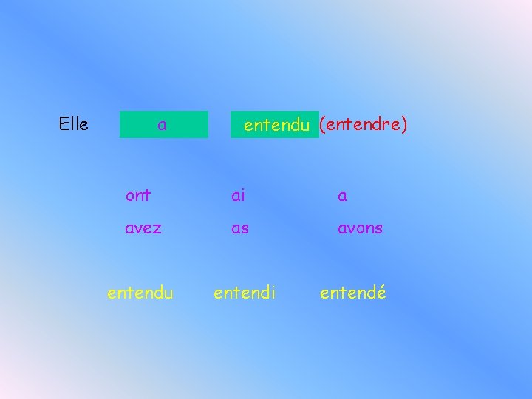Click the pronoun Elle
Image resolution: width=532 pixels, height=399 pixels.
click(x=73, y=124)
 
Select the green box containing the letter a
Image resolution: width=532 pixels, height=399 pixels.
click(x=164, y=125)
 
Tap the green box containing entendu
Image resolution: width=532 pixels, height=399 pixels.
click(x=275, y=125)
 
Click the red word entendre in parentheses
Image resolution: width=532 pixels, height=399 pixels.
click(x=363, y=124)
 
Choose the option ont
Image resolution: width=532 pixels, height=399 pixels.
click(x=138, y=195)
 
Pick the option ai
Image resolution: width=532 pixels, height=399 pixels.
click(x=238, y=195)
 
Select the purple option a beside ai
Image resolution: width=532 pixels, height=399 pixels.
click(x=343, y=196)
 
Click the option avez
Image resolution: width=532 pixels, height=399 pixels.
click(x=143, y=228)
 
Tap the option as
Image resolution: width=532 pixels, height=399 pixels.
click(x=240, y=228)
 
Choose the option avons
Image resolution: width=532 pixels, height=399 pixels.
click(x=360, y=228)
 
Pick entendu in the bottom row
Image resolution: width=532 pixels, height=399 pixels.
click(x=140, y=293)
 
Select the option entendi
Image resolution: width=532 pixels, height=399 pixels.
click(x=245, y=293)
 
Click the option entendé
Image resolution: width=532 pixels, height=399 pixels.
click(x=352, y=293)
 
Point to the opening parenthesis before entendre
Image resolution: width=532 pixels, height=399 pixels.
click(x=322, y=125)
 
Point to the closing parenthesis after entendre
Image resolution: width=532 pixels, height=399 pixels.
click(x=404, y=125)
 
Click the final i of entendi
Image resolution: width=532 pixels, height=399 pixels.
click(x=273, y=293)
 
